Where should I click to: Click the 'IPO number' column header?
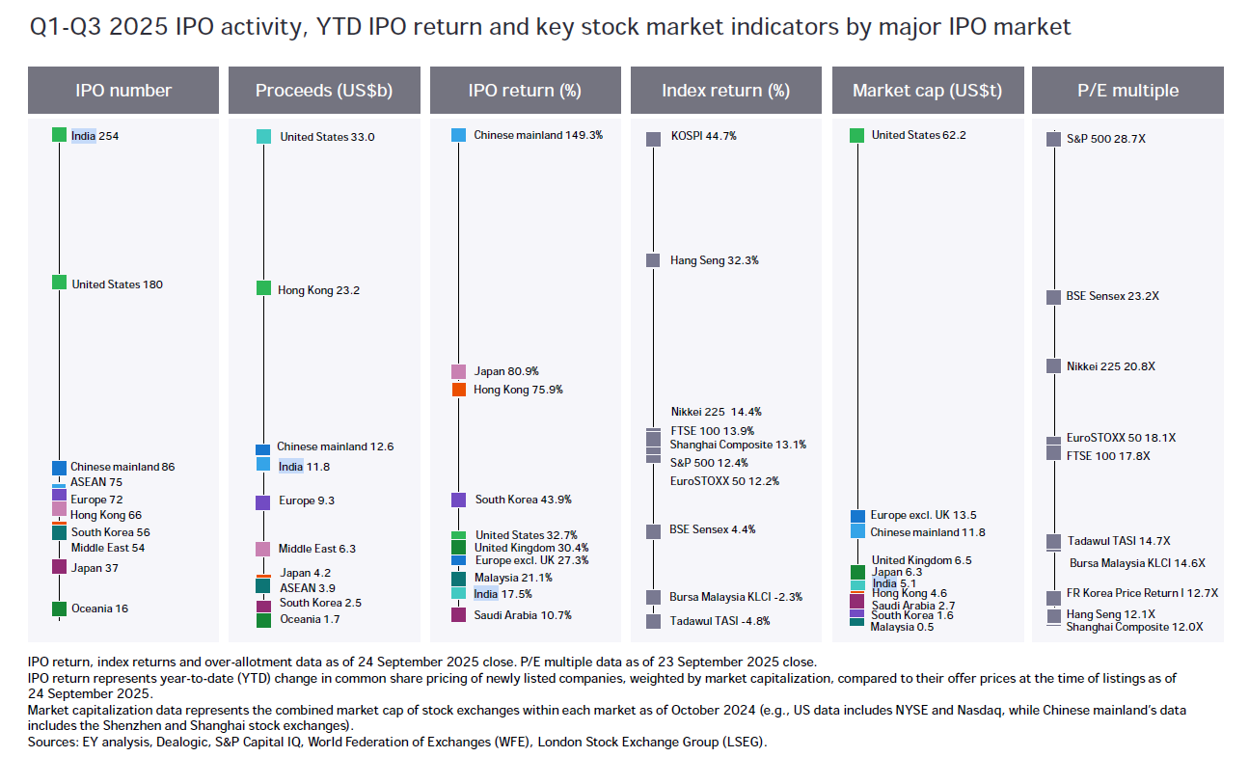coord(123,91)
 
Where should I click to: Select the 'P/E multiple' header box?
coord(1127,91)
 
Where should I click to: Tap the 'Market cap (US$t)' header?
coord(927,91)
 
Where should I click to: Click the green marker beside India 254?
coord(59,135)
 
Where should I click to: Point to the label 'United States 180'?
coord(117,284)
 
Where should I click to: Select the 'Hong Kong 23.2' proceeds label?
coord(318,290)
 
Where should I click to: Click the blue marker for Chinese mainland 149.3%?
coord(459,135)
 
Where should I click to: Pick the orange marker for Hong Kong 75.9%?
coord(459,390)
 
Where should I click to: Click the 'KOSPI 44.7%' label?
coord(703,137)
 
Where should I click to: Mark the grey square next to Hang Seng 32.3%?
coord(653,260)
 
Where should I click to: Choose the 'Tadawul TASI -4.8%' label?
coord(720,621)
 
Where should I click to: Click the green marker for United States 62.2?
coord(857,135)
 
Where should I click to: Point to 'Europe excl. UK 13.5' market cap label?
coord(923,515)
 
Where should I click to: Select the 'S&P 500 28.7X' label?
coord(1105,139)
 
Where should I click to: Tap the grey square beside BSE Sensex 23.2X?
coord(1054,297)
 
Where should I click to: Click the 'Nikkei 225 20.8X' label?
coord(1110,366)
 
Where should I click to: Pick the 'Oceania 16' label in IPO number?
coord(99,608)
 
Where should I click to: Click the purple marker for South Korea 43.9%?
coord(459,500)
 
